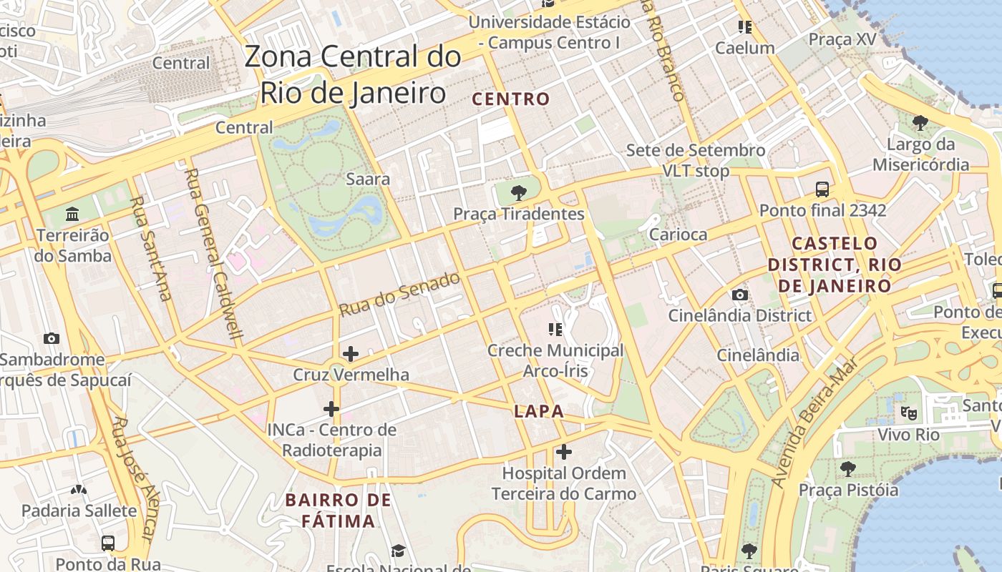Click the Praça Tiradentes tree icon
519,192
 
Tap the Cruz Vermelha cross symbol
351,353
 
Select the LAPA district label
539,412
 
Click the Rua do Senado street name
399,295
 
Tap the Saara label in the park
368,179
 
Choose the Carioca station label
678,235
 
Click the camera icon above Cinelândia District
740,295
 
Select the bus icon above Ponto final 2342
822,189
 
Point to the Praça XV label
842,39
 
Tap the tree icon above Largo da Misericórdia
920,123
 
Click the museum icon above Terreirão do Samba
72,214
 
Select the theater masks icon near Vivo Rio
909,413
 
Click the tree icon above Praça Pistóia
848,469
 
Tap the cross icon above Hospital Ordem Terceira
564,452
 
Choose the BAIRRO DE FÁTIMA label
339,510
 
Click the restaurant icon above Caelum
744,27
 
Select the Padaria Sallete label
79,511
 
